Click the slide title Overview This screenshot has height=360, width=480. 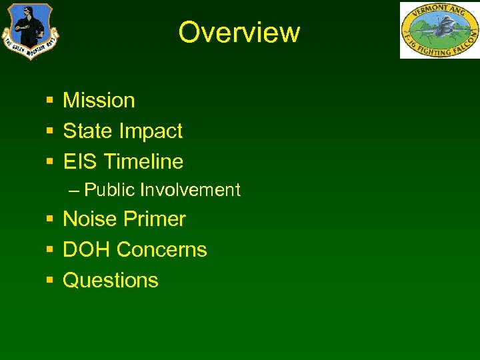(239, 32)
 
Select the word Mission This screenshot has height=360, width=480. (99, 101)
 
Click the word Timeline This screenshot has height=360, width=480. (143, 161)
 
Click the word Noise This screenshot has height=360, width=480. (87, 219)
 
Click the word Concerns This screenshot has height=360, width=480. (161, 250)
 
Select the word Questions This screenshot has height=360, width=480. (111, 281)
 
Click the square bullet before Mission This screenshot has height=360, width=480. (50, 101)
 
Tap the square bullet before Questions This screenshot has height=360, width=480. (50, 281)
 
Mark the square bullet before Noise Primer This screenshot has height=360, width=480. (50, 219)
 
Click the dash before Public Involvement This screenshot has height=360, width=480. (73, 191)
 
